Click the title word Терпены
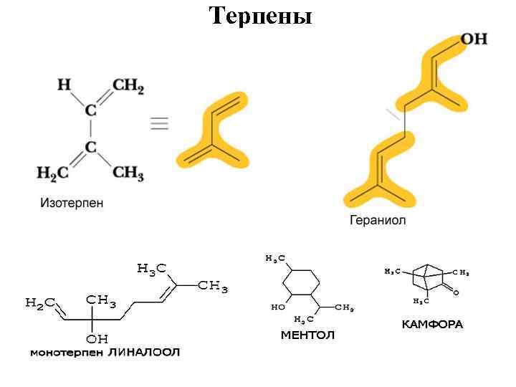[260, 15]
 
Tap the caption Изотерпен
[71, 203]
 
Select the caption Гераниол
[377, 220]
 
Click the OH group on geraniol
[474, 39]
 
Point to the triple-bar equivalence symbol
[159, 123]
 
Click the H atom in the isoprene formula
[64, 85]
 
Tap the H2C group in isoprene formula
[52, 173]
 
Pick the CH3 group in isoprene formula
[128, 173]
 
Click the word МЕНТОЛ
[307, 335]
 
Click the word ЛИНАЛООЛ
[143, 352]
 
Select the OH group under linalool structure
[96, 338]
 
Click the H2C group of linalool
[40, 303]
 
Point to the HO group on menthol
[277, 307]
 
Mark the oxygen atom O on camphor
[456, 292]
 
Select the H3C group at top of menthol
[274, 258]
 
